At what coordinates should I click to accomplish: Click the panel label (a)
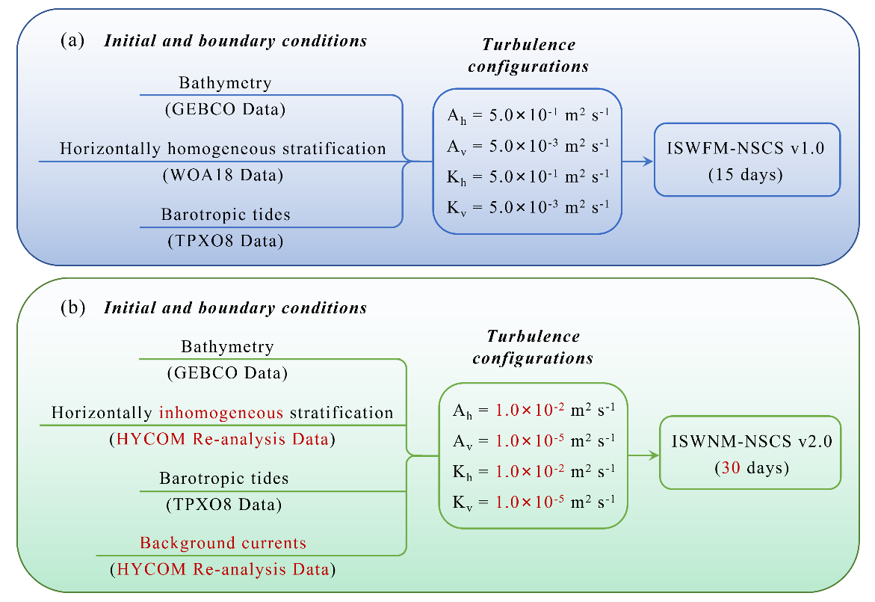tap(72, 40)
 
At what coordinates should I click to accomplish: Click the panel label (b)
tap(72, 307)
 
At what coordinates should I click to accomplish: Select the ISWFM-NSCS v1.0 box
tap(747, 160)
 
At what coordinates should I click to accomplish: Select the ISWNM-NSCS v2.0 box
tap(750, 453)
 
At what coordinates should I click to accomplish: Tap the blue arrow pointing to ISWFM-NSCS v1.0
tap(637, 162)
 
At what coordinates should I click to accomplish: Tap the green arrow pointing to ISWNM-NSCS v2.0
tap(643, 455)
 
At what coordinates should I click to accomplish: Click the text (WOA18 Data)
tap(223, 175)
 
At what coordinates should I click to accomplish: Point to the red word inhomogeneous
tap(221, 413)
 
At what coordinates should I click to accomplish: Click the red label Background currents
tap(223, 543)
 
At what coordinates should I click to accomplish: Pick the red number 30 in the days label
tap(731, 467)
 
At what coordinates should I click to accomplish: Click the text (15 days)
tap(746, 175)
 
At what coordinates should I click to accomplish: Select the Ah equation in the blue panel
tap(528, 116)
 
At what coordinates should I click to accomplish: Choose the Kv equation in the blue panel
tap(528, 208)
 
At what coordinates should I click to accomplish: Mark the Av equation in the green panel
tap(534, 441)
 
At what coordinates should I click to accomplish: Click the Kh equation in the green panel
tap(534, 472)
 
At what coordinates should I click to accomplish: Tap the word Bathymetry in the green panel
tap(228, 347)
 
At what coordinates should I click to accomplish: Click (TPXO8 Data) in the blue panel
tap(226, 241)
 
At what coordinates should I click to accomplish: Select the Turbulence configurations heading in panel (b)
tap(533, 347)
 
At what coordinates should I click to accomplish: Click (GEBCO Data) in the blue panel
tap(226, 109)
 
